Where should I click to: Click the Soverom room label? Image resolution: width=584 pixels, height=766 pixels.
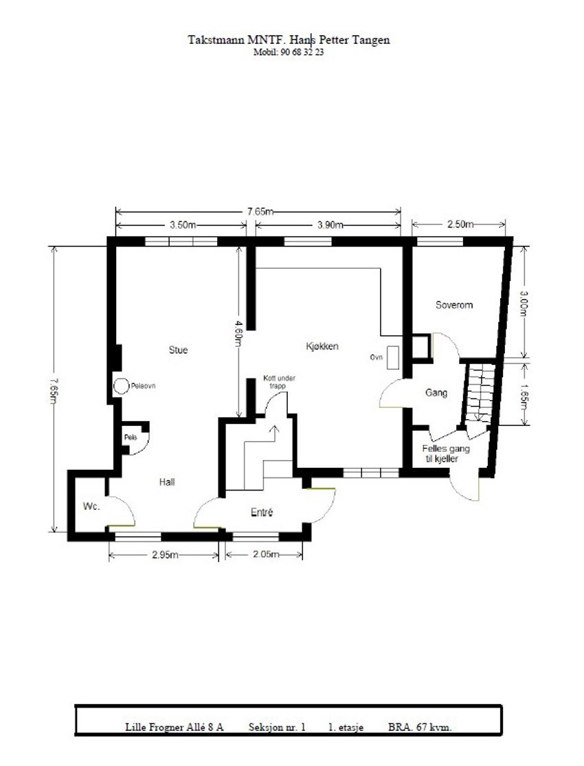[454, 305]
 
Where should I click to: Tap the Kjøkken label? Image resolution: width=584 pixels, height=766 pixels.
[322, 346]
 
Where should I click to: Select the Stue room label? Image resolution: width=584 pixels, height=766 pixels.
[178, 350]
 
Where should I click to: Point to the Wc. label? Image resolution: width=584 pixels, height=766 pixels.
[91, 506]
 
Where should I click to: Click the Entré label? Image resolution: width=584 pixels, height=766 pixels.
[262, 512]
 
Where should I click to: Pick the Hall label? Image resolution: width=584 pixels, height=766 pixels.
[167, 482]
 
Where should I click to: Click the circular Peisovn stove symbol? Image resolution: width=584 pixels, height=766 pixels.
[120, 386]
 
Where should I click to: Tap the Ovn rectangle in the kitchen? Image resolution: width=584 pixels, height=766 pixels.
[392, 358]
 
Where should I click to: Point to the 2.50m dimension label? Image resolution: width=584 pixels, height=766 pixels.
[460, 224]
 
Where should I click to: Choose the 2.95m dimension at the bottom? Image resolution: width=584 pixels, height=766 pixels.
[165, 555]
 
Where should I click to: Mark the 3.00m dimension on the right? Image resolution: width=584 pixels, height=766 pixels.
[524, 304]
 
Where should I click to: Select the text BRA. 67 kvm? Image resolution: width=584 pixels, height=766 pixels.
[420, 727]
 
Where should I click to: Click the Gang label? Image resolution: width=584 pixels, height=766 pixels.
[436, 392]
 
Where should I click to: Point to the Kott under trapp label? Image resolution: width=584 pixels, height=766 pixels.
[279, 382]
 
